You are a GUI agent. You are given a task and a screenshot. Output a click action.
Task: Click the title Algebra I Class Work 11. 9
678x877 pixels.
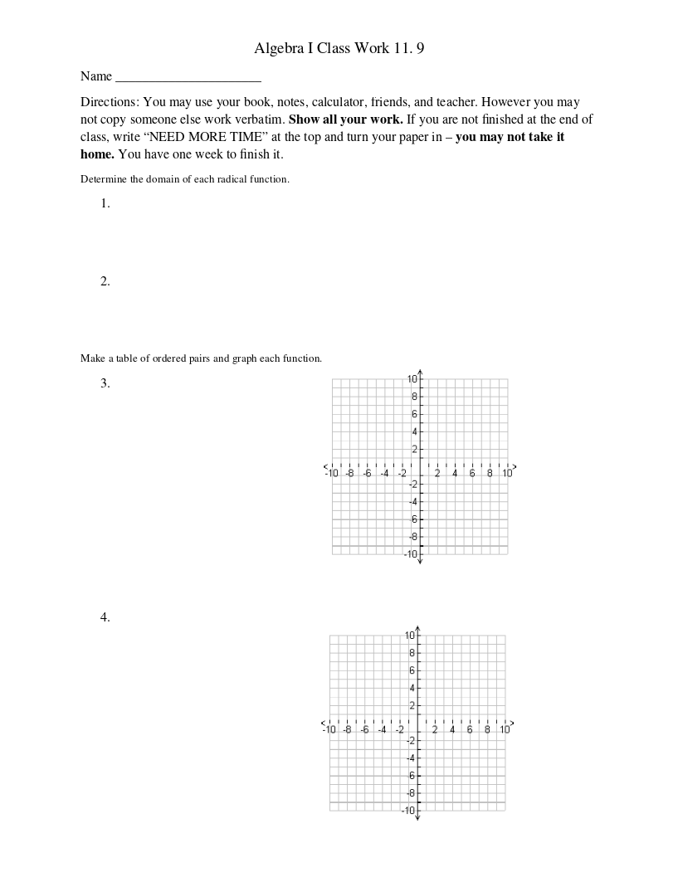pos(339,48)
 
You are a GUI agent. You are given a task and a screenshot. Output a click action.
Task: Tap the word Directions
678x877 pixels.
pos(109,102)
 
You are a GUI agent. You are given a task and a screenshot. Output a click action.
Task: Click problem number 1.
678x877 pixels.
pos(105,203)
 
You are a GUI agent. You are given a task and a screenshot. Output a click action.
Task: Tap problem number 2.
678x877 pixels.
pos(105,281)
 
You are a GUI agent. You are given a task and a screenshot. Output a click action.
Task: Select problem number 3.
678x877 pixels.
pos(105,383)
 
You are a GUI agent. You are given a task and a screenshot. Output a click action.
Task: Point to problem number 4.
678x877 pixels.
pos(105,617)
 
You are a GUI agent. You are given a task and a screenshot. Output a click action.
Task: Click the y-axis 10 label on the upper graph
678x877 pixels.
pos(412,379)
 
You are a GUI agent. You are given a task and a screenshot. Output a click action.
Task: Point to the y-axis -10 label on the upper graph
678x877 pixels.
pos(410,554)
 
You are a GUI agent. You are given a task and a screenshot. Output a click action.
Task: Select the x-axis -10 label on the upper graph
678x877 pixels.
pos(332,473)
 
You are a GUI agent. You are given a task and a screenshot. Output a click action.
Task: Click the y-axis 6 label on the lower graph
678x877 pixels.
pos(411,670)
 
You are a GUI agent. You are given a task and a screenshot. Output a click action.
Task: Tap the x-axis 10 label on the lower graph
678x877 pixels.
pos(505,730)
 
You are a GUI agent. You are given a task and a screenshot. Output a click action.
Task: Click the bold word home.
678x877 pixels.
pos(97,154)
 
